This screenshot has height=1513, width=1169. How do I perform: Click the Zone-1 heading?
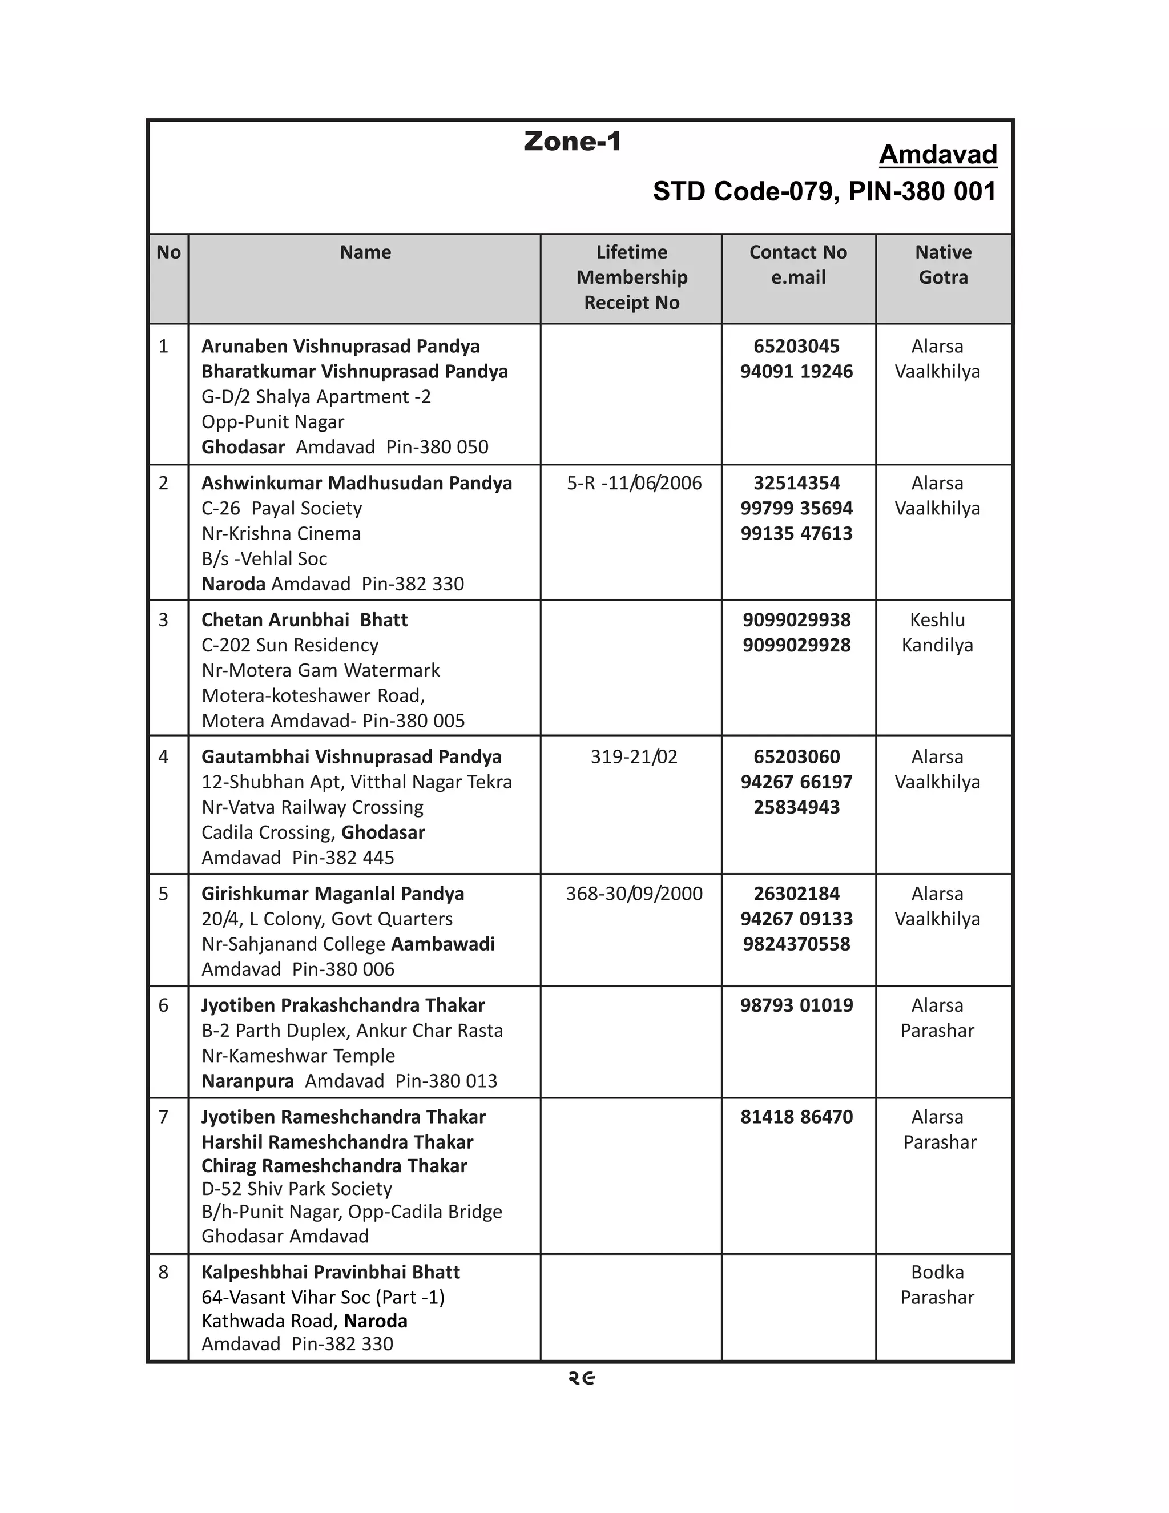pyautogui.click(x=572, y=142)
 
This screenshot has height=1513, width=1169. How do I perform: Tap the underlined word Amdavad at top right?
pyautogui.click(x=938, y=155)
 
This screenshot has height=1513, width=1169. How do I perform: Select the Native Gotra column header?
pyautogui.click(x=942, y=265)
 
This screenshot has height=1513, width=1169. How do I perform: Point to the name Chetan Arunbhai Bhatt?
pyautogui.click(x=304, y=619)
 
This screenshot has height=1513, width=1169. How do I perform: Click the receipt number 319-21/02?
pyautogui.click(x=633, y=756)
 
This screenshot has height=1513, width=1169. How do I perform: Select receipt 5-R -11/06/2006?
pyautogui.click(x=634, y=483)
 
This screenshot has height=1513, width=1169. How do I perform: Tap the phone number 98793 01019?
pyautogui.click(x=796, y=1005)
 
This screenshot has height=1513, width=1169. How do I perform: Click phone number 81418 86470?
pyautogui.click(x=796, y=1117)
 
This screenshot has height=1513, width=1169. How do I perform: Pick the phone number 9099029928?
pyautogui.click(x=796, y=645)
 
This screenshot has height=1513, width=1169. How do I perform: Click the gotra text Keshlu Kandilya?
pyautogui.click(x=937, y=633)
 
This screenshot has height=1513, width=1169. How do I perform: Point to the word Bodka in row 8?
pyautogui.click(x=937, y=1272)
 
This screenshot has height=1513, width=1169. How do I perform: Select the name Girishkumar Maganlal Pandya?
pyautogui.click(x=332, y=894)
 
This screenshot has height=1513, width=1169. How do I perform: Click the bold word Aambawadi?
pyautogui.click(x=443, y=944)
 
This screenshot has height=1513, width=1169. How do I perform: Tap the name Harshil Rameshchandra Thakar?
pyautogui.click(x=337, y=1142)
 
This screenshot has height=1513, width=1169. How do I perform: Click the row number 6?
pyautogui.click(x=163, y=1005)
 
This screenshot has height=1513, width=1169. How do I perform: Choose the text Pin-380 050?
pyautogui.click(x=437, y=447)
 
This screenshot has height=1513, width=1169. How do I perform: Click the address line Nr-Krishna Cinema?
pyautogui.click(x=281, y=533)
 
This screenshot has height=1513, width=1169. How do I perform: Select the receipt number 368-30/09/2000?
pyautogui.click(x=634, y=894)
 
